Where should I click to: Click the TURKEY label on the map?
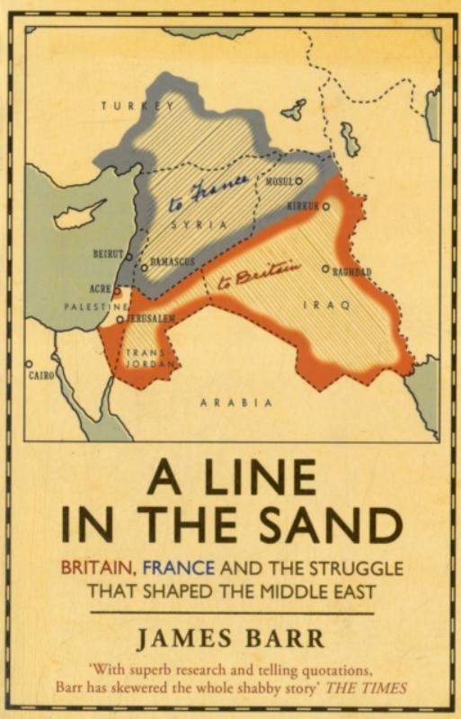[137, 106]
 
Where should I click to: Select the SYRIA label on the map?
[199, 226]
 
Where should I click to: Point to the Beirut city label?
[109, 254]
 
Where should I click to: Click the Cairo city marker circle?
[30, 364]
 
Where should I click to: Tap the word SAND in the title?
[325, 526]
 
